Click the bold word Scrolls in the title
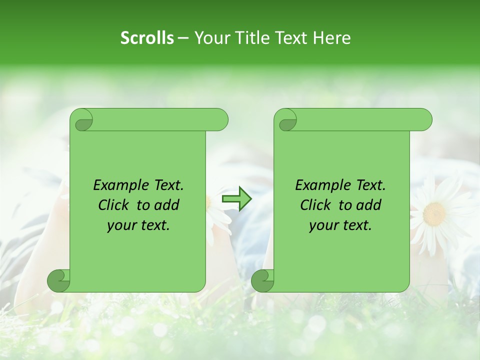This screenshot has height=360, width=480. [x=147, y=38]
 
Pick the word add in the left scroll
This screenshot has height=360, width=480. [x=167, y=205]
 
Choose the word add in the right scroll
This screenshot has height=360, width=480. [x=369, y=205]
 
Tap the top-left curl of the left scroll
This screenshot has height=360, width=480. [x=82, y=120]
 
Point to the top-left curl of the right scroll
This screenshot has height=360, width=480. [x=286, y=120]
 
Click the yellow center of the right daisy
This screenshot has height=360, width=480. [x=434, y=214]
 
